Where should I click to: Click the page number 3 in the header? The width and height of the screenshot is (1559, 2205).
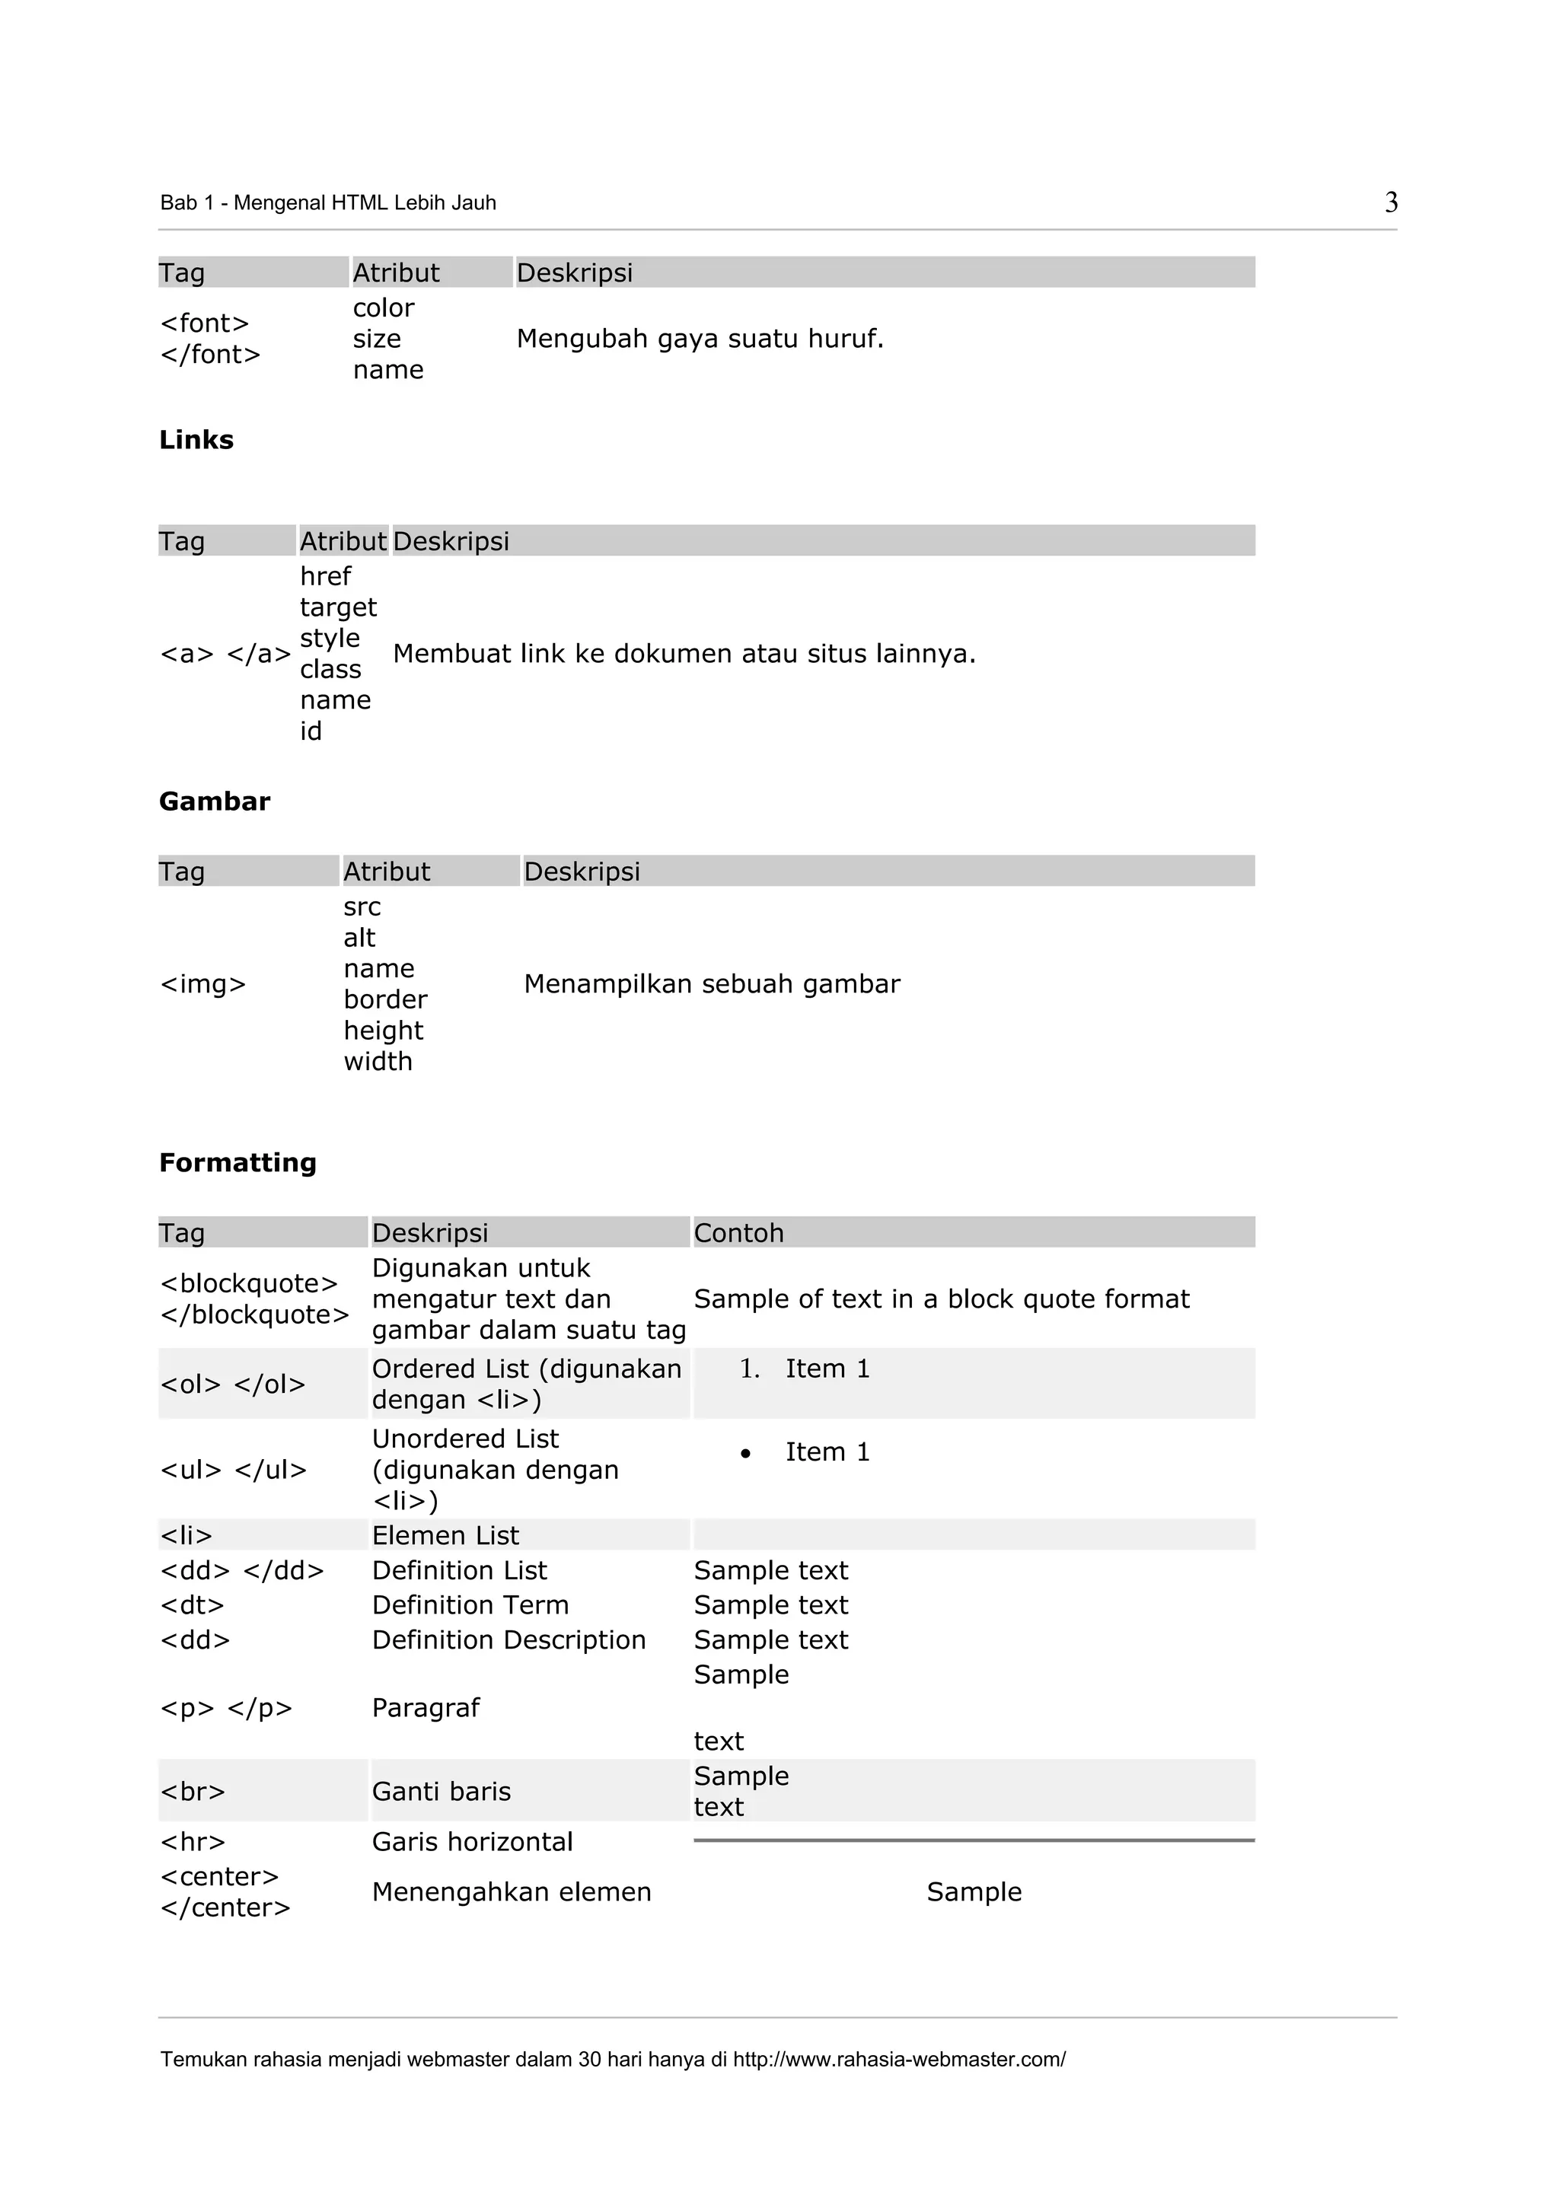pos(1390,202)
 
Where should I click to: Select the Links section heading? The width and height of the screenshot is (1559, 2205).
pos(196,440)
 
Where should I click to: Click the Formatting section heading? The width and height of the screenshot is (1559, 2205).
pos(238,1163)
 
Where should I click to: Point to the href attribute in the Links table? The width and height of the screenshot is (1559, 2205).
pos(325,576)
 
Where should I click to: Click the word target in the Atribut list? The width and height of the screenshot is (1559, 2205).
pos(338,607)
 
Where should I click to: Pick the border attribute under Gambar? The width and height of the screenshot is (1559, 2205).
pos(385,999)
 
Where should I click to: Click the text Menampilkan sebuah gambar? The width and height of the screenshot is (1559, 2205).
pos(711,984)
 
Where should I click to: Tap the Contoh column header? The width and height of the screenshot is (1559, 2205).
pos(738,1233)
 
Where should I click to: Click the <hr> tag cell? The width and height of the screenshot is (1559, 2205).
pos(193,1842)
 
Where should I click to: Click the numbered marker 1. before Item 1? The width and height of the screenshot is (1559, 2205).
pos(749,1369)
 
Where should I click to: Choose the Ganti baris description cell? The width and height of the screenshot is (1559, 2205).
pos(441,1792)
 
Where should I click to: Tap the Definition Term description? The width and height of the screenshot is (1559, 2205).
pos(470,1606)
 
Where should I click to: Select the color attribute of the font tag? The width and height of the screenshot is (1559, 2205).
pos(383,308)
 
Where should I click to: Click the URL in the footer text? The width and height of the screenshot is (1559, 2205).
pos(898,2059)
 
